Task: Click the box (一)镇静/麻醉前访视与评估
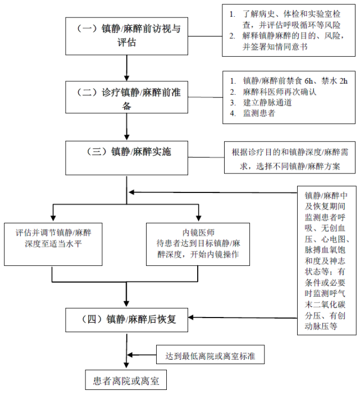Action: click(x=127, y=34)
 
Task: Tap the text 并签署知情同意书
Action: click(x=275, y=48)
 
